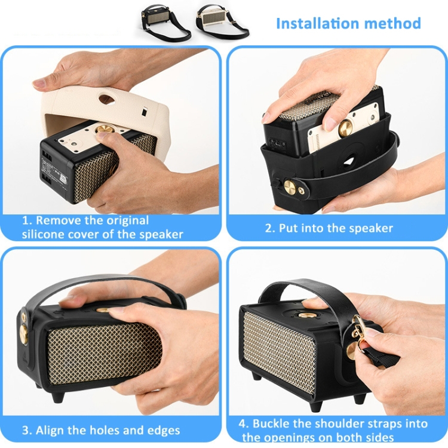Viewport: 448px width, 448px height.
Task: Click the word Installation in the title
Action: pos(318,23)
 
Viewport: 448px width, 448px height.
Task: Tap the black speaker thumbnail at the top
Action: pos(165,22)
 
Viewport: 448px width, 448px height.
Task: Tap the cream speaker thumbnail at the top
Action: pos(222,22)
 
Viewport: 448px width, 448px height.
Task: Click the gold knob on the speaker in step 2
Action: pos(345,128)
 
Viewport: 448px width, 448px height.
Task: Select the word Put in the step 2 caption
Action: pos(289,228)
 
